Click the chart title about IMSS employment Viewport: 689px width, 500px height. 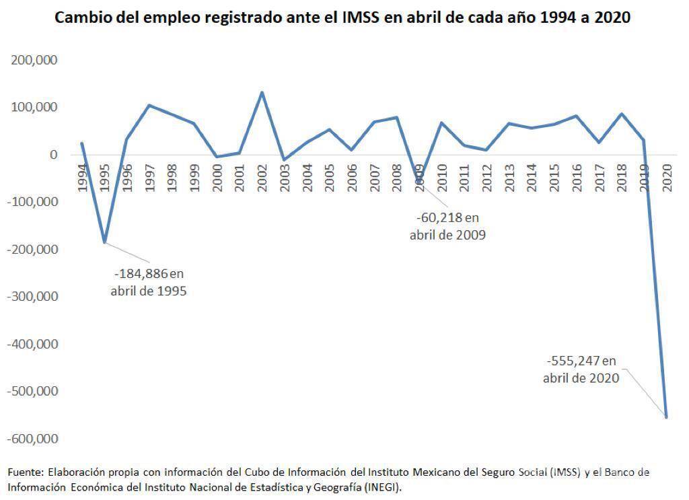(342, 17)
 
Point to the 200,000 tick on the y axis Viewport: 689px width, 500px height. (34, 60)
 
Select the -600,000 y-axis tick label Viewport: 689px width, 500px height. (32, 439)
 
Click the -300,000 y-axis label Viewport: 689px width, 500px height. (32, 297)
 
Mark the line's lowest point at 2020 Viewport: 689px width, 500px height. (666, 417)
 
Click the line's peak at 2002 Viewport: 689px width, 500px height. (262, 93)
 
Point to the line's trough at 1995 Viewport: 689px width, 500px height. (104, 242)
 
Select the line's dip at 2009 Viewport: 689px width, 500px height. (419, 182)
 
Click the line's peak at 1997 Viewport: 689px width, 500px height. (149, 105)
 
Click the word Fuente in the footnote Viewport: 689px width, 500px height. (24, 472)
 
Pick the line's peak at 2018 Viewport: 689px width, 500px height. (622, 114)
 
